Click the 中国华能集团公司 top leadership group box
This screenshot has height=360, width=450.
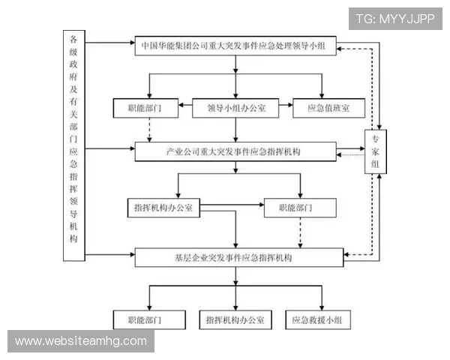point(236,45)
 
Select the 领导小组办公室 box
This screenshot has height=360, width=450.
point(236,108)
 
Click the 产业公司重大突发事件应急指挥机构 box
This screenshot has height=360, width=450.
point(236,151)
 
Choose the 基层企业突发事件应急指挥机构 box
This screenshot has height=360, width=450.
point(236,257)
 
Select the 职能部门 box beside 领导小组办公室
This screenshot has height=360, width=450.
point(148,108)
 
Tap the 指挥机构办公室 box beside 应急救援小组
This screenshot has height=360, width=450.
point(236,320)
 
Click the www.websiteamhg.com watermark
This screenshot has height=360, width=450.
point(81,341)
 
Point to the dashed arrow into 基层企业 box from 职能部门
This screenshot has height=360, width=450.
point(300,234)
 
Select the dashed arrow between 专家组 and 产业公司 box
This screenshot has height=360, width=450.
point(350,154)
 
